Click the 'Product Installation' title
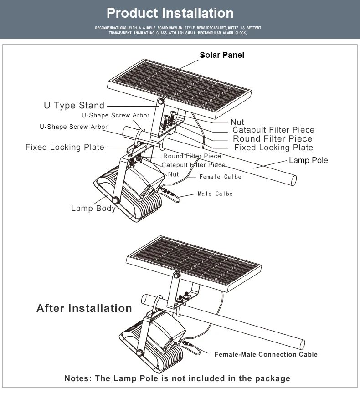coord(170,13)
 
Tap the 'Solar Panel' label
coord(222,55)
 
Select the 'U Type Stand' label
coord(74,106)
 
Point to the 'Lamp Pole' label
coord(308,160)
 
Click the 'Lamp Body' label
coord(93,209)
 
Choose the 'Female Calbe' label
coord(220,177)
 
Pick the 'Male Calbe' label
coord(215,194)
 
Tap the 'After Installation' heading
coord(84,308)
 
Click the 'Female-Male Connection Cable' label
coord(266,354)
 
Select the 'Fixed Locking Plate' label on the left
coord(65,148)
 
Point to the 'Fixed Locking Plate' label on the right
coord(273,148)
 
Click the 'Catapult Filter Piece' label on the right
coord(273,130)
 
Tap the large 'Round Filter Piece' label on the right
coord(273,139)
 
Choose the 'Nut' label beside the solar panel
coord(237,122)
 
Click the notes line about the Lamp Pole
coord(177,378)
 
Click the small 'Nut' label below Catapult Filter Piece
coord(173,174)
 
